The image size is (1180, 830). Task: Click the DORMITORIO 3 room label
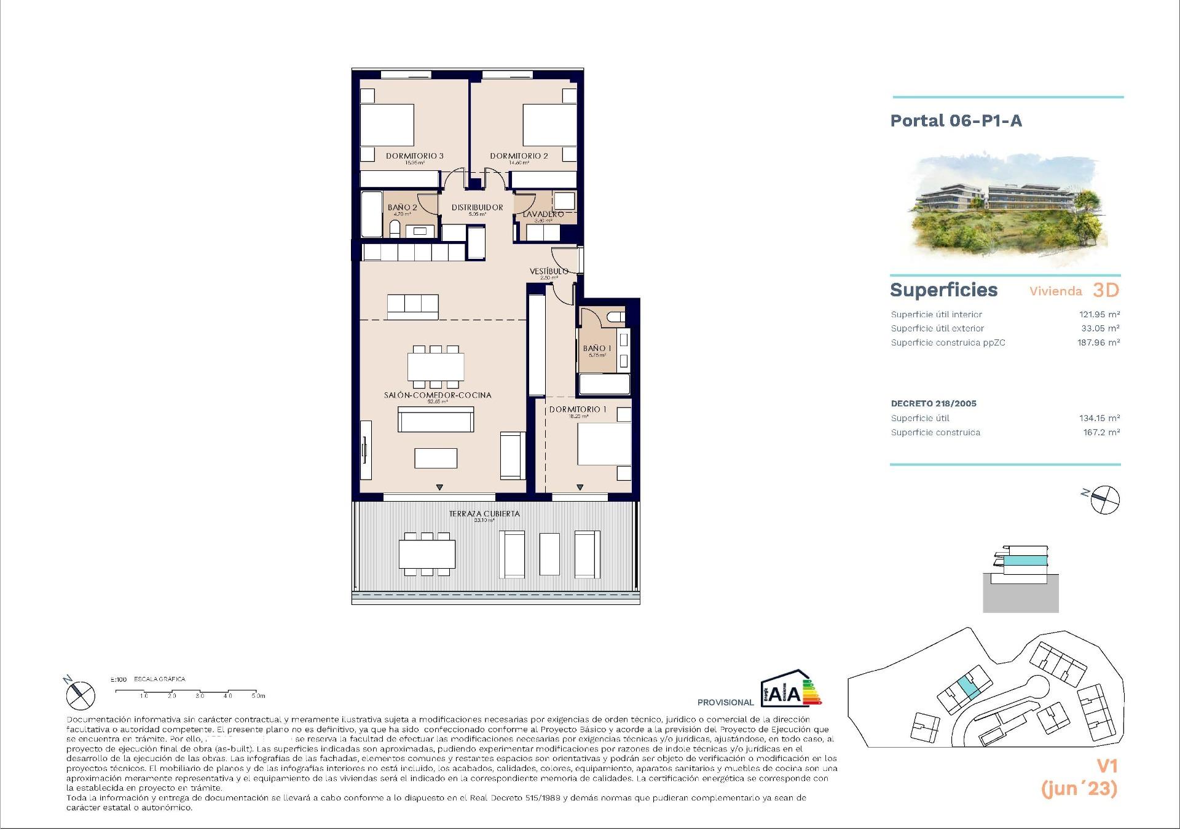[414, 156]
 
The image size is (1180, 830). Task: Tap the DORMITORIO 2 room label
[519, 156]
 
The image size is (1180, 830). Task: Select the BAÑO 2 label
[402, 207]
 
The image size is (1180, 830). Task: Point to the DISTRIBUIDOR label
[477, 207]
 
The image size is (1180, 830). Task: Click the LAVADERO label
[543, 214]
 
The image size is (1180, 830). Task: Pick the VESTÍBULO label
[549, 271]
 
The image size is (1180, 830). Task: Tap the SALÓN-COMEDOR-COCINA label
[438, 395]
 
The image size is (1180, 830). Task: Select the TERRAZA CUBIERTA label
[484, 513]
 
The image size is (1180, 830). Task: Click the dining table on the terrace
[427, 554]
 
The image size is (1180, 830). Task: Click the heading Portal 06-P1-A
[956, 121]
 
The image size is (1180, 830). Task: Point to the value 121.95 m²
[1099, 314]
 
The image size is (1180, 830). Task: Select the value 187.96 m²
[1098, 342]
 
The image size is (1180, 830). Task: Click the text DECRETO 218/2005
[933, 403]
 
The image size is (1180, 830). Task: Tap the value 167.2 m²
[1101, 432]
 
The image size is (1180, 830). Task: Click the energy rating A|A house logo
[789, 689]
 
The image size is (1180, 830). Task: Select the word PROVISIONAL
[725, 702]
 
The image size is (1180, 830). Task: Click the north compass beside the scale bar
[81, 695]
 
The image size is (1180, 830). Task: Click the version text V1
[1107, 766]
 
